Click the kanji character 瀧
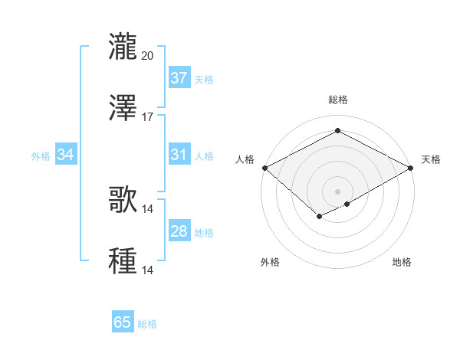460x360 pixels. click(123, 46)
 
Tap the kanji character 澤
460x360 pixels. click(123, 108)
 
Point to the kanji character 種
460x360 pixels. click(123, 260)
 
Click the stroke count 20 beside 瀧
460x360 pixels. click(148, 55)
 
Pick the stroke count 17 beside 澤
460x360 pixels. click(148, 117)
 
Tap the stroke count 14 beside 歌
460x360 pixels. click(148, 208)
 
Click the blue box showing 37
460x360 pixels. click(179, 78)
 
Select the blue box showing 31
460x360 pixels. click(179, 155)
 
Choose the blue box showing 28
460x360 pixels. click(179, 231)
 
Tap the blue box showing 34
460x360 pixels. click(66, 155)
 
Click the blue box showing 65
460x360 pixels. click(123, 322)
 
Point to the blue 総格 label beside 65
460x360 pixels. click(147, 324)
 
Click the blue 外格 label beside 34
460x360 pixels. click(41, 155)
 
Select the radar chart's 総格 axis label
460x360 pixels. click(337, 100)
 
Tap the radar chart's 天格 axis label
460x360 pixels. click(431, 159)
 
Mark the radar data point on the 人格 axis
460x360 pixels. click(264, 168)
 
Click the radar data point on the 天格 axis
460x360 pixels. click(411, 168)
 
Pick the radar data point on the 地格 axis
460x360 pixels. click(347, 204)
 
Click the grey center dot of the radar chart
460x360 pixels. click(337, 191)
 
